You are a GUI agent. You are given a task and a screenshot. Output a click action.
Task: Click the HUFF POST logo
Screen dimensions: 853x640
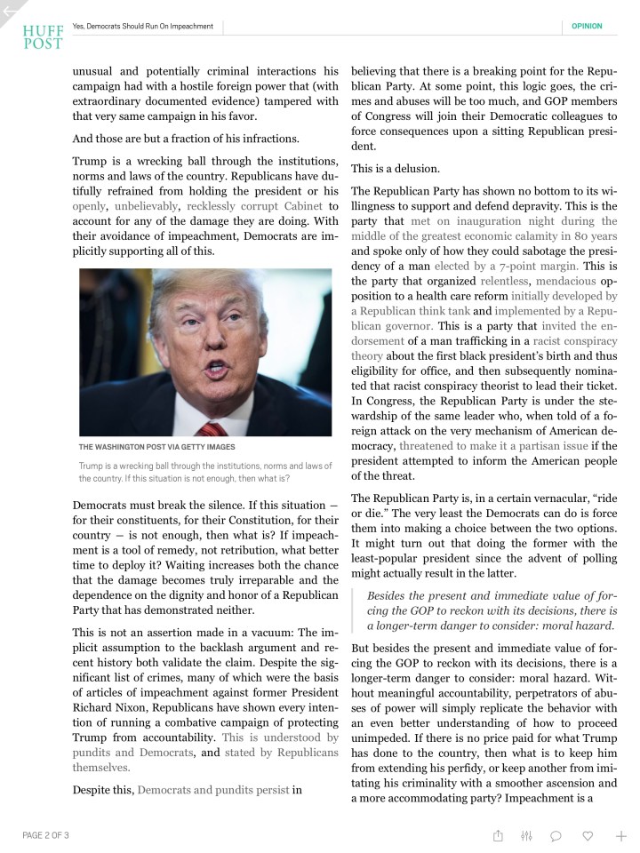44,36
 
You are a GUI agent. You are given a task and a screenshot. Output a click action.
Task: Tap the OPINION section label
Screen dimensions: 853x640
587,26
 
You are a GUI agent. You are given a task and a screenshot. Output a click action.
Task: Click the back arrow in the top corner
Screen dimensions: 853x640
10,12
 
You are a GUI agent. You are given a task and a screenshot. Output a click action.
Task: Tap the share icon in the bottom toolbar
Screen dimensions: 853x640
499,835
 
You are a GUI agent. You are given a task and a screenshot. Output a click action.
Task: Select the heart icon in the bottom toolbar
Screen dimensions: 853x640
588,835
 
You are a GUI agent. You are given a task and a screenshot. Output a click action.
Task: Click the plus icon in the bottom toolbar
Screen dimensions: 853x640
620,835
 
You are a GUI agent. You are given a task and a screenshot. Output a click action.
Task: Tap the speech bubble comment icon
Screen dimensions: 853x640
556,835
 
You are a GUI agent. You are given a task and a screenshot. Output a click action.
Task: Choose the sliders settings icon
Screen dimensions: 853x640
526,835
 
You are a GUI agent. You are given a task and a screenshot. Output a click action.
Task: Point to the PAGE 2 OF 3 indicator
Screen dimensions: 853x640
45,835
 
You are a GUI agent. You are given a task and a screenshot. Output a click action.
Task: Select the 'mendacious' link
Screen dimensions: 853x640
572,280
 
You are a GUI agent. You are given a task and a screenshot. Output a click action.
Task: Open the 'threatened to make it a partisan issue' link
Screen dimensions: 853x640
493,445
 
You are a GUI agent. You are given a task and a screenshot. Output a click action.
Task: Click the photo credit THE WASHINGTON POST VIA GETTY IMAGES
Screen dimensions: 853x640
156,446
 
